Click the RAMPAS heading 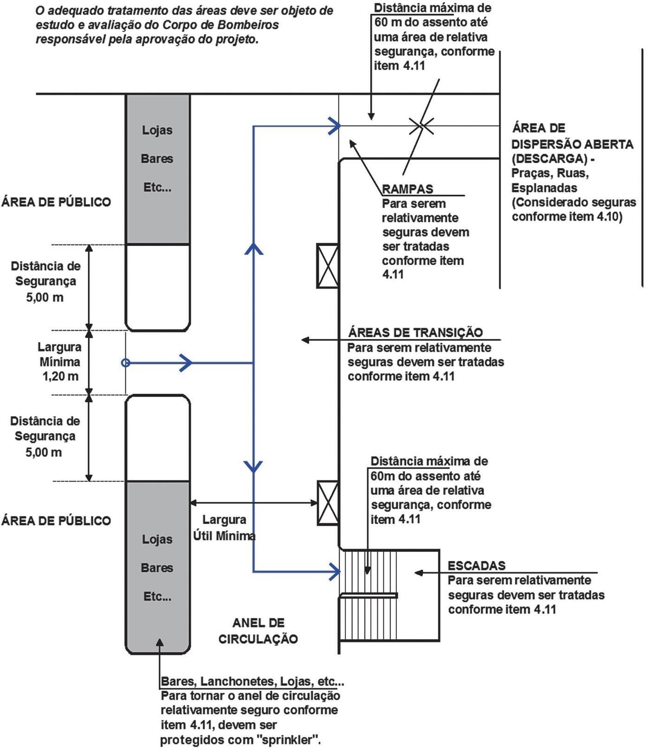[x=407, y=189]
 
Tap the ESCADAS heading [x=476, y=566]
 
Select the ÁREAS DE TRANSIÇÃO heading [x=415, y=332]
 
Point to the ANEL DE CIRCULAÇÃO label [x=258, y=631]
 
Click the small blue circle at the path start [x=125, y=363]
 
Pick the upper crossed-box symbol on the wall [x=328, y=266]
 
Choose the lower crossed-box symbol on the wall [x=328, y=503]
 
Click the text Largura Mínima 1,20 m [x=59, y=362]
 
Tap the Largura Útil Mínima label [x=224, y=528]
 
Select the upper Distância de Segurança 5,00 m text [x=45, y=282]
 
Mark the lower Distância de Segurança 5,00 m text [x=45, y=437]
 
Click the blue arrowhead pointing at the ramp [x=335, y=125]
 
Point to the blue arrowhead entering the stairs [x=335, y=571]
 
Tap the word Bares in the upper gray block [x=157, y=159]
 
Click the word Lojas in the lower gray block [x=157, y=539]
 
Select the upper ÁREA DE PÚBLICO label [x=56, y=202]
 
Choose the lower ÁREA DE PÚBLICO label [x=56, y=520]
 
